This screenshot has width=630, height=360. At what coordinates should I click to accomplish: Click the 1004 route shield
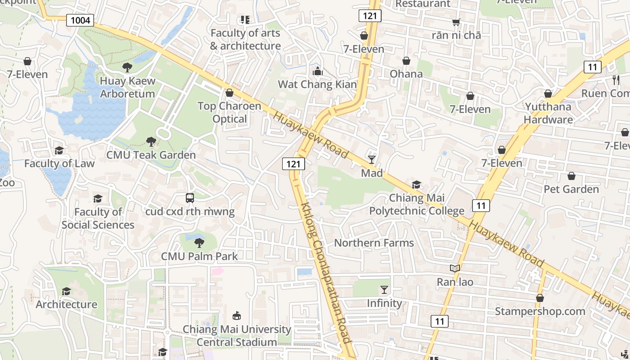click(x=80, y=20)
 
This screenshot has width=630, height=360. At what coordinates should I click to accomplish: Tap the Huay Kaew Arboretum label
click(x=127, y=87)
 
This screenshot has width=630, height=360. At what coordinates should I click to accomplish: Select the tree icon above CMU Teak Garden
click(x=151, y=142)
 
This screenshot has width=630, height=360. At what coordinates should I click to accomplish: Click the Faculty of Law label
click(x=59, y=163)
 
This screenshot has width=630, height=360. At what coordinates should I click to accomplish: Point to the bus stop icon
click(x=190, y=198)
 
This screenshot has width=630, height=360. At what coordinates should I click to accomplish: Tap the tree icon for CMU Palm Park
click(x=199, y=243)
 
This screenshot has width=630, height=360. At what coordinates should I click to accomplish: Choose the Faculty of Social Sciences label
click(x=98, y=218)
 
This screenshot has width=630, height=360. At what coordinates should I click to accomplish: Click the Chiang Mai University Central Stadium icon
click(x=237, y=315)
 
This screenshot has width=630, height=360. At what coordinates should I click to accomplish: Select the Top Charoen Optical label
click(x=229, y=112)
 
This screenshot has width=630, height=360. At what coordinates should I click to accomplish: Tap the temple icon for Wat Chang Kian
click(x=317, y=71)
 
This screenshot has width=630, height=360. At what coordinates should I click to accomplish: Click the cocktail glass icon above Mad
click(x=372, y=159)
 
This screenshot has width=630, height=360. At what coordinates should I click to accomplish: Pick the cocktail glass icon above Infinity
click(x=384, y=289)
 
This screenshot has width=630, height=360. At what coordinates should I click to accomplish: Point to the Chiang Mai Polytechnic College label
click(x=417, y=204)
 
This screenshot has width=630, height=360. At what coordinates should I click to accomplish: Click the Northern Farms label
click(x=373, y=243)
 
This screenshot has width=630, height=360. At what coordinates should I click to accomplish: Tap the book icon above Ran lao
click(x=455, y=269)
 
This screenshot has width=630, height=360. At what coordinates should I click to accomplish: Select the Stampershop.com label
click(x=540, y=311)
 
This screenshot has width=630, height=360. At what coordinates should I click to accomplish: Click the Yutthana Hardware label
click(x=548, y=113)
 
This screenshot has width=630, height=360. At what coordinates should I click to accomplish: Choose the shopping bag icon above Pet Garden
click(x=571, y=175)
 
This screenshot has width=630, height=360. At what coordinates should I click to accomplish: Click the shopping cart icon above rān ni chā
click(x=456, y=22)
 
